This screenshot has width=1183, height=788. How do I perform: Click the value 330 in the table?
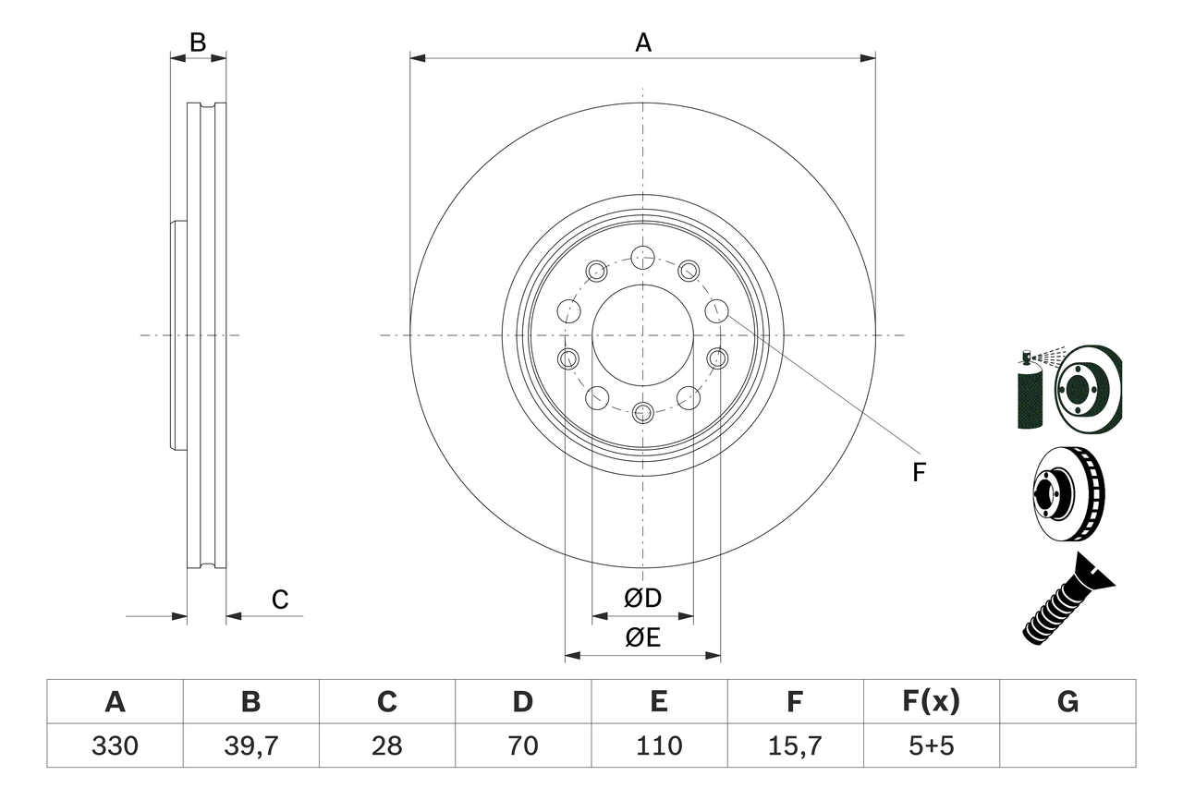coord(115,746)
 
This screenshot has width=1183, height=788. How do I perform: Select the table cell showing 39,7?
coord(250,746)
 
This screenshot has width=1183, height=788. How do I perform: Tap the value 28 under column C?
coord(386,746)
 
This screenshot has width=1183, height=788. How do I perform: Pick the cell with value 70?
coord(522,746)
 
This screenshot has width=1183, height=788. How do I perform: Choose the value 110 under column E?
coord(658,746)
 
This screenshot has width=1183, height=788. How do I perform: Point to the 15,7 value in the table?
coord(794,746)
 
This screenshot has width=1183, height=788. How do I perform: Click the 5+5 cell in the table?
coord(931,746)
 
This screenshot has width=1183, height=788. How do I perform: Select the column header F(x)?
coord(931,702)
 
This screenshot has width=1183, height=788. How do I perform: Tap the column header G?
coord(1067,702)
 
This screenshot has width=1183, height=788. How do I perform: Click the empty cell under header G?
coord(1067,746)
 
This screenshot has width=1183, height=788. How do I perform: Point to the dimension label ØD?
coord(642,599)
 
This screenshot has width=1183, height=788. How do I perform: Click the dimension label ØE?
coord(642,637)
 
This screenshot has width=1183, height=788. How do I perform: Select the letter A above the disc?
coord(642,42)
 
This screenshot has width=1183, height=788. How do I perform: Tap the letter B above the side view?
coord(198,42)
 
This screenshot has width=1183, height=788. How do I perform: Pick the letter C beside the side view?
coord(280,600)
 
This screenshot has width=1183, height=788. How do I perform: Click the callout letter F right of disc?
coord(918,473)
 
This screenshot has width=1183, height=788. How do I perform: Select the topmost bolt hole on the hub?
coord(642,257)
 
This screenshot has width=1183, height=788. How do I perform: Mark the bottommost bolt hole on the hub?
coord(642,412)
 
